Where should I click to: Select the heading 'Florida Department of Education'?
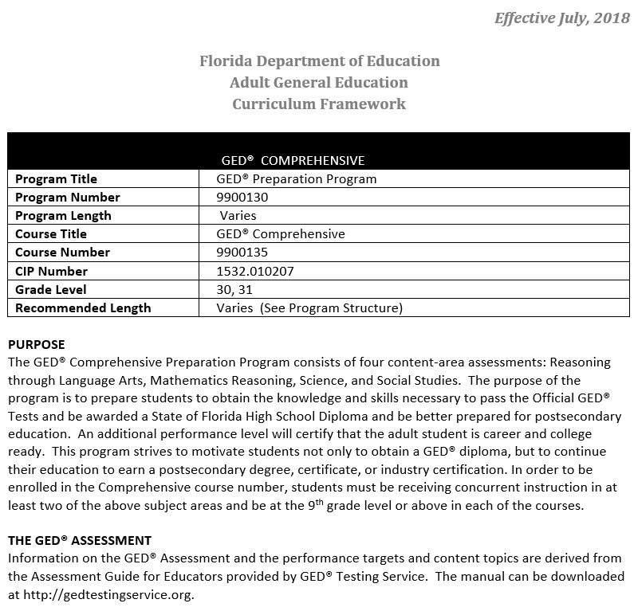point(318,61)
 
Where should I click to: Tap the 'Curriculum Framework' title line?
point(318,104)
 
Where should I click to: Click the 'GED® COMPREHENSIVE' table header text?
point(293,160)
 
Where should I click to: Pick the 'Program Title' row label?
point(56,178)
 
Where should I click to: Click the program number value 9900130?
point(242,197)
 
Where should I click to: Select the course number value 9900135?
point(242,252)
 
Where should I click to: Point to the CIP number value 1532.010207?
point(255,271)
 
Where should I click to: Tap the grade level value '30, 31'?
point(234,289)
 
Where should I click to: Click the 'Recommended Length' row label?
point(83,307)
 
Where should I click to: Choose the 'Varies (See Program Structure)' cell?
point(309,307)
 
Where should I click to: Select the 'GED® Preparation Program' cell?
point(296,178)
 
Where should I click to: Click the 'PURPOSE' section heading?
point(37,344)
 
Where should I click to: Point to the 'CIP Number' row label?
point(51,271)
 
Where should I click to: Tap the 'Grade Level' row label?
point(50,289)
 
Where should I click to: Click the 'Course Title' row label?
point(51,234)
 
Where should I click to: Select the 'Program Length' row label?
point(63,215)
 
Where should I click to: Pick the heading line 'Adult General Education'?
point(318,82)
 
